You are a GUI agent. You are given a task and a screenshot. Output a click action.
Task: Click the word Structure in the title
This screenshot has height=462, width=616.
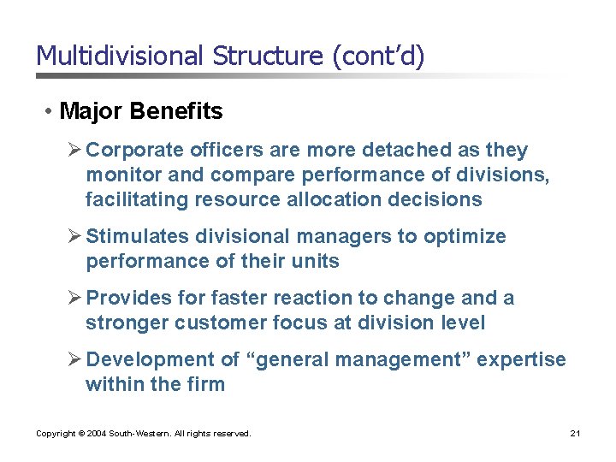[269, 56]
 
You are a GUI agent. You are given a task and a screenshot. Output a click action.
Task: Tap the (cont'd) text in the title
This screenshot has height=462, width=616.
[377, 56]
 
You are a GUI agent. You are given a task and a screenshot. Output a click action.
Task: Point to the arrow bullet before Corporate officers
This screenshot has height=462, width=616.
[74, 151]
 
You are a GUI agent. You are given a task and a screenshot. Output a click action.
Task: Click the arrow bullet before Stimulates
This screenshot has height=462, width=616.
[74, 237]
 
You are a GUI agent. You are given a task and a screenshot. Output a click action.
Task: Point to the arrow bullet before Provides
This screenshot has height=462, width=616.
[74, 299]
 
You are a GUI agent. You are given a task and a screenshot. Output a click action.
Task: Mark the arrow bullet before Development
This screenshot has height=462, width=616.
[74, 360]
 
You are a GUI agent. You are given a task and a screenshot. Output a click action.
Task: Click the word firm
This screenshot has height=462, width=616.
[204, 385]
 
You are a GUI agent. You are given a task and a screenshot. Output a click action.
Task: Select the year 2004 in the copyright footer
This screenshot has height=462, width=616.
[98, 434]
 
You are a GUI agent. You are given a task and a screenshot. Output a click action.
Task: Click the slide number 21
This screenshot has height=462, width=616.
[575, 434]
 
